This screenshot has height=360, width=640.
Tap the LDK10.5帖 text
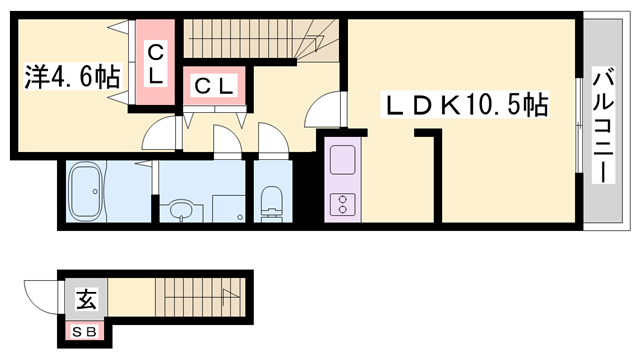464,103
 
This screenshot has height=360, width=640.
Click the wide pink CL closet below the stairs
213,87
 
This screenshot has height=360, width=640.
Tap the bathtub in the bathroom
88,192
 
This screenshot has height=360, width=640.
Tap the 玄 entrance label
86,299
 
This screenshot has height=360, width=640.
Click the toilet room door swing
271,139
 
